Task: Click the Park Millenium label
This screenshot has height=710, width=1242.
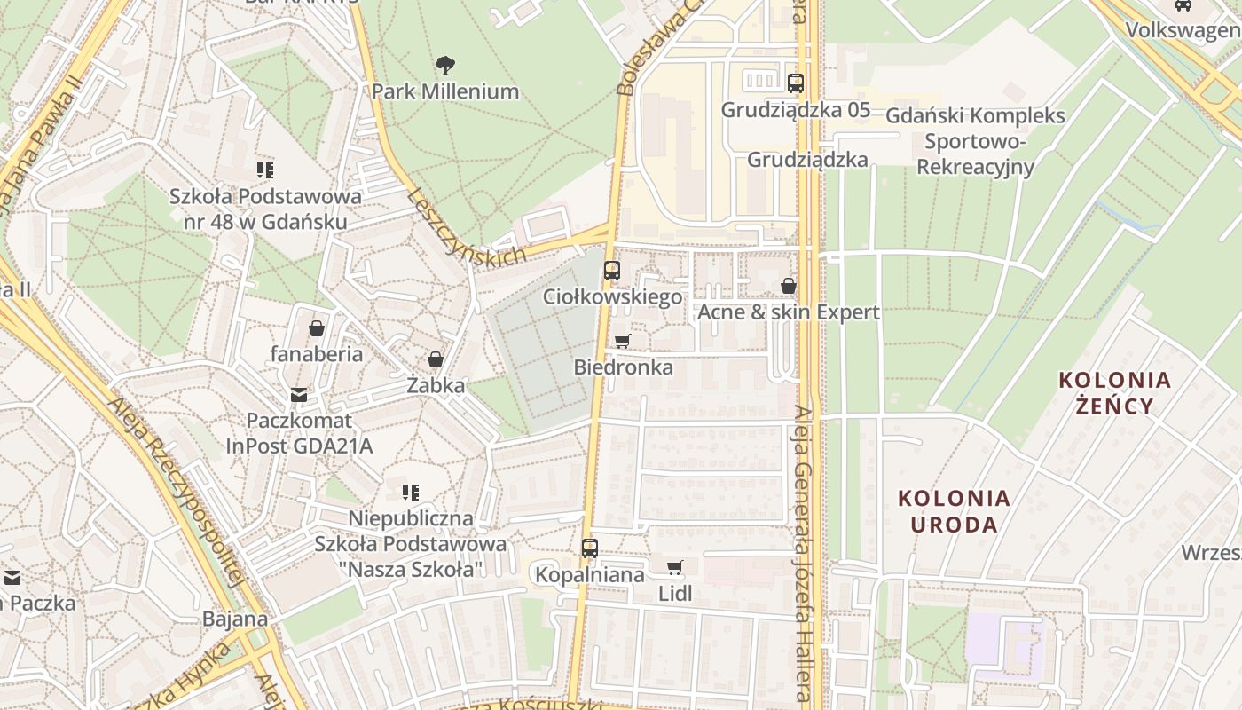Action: pyautogui.click(x=444, y=91)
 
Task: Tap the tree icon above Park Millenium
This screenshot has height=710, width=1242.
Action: pyautogui.click(x=444, y=65)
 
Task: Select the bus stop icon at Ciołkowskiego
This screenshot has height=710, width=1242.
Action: pyautogui.click(x=611, y=271)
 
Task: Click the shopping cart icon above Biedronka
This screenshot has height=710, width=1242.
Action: pyautogui.click(x=622, y=342)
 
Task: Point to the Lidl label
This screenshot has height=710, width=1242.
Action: pyautogui.click(x=675, y=594)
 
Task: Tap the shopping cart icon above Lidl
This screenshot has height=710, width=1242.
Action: pyautogui.click(x=675, y=567)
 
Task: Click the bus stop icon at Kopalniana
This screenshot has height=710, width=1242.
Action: pyautogui.click(x=590, y=548)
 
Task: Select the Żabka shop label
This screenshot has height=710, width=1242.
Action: pyautogui.click(x=436, y=386)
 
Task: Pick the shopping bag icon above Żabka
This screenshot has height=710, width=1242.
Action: pyautogui.click(x=436, y=359)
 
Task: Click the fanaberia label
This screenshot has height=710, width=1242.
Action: pyautogui.click(x=317, y=354)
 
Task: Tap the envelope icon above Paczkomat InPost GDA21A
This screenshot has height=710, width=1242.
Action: pyautogui.click(x=299, y=395)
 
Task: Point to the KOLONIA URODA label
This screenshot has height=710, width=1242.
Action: pyautogui.click(x=954, y=510)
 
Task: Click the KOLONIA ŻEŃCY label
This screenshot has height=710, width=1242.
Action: pyautogui.click(x=1115, y=393)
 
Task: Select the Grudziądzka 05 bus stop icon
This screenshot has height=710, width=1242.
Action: pyautogui.click(x=796, y=83)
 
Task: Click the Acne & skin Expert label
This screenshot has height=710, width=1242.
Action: pyautogui.click(x=789, y=312)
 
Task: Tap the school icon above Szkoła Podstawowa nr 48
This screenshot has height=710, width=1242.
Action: pyautogui.click(x=264, y=170)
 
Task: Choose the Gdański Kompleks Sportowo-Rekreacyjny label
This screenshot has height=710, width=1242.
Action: pyautogui.click(x=975, y=141)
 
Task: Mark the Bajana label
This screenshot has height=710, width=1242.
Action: pyautogui.click(x=235, y=619)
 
